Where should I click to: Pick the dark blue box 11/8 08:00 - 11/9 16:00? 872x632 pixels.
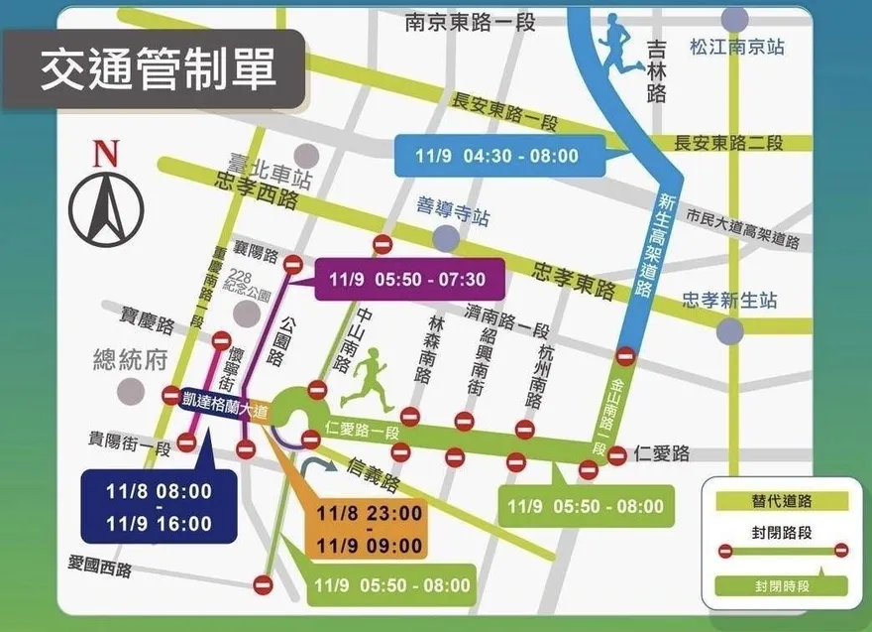160,507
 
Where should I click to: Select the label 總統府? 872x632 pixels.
129,359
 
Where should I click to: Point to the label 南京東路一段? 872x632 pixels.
470,21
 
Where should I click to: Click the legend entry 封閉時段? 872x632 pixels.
782,586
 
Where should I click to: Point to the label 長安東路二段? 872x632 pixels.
728,143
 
